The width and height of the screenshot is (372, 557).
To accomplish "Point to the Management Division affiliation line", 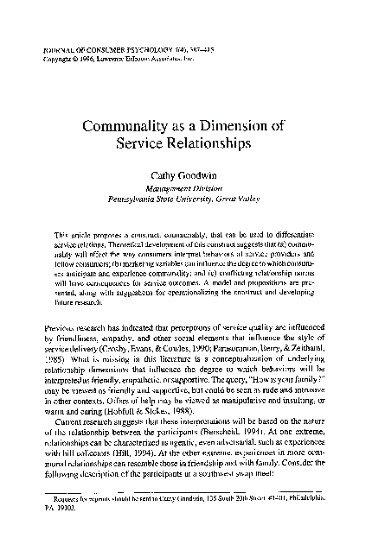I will coord(185,187).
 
